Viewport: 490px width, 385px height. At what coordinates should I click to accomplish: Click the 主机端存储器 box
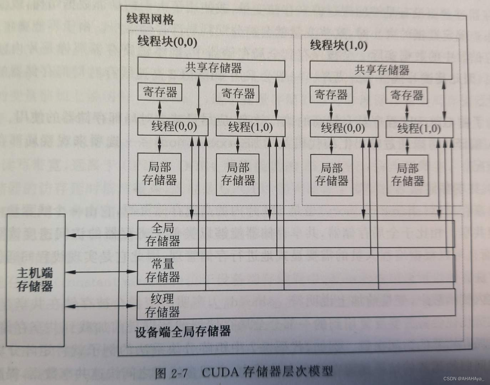pos(35,280)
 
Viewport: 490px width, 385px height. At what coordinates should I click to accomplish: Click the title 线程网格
pos(150,19)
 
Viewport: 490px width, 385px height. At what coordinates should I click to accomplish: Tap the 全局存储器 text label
pos(162,235)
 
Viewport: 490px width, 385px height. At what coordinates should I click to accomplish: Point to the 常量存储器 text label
pos(162,271)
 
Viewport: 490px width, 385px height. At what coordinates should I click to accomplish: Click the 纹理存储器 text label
pos(162,306)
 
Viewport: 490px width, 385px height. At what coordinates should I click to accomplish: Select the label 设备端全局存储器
pos(183,332)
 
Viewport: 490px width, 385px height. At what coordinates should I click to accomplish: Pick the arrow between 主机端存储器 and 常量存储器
pos(101,272)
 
